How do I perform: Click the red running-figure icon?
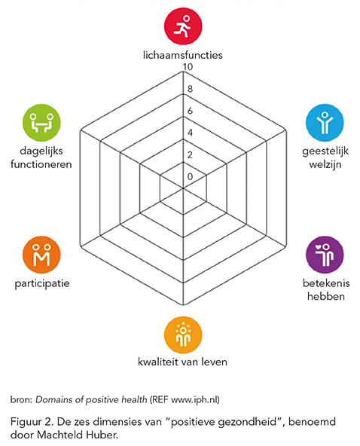pyautogui.click(x=183, y=26)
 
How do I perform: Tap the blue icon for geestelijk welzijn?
pyautogui.click(x=325, y=123)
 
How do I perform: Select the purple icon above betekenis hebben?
pyautogui.click(x=325, y=255)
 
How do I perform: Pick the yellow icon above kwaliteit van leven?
pyautogui.click(x=183, y=334)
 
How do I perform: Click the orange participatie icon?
pyautogui.click(x=41, y=255)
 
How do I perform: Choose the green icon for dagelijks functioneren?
pyautogui.click(x=41, y=123)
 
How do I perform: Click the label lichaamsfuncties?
pyautogui.click(x=182, y=54)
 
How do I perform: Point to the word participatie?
pyautogui.click(x=42, y=283)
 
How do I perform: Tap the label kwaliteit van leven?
pyautogui.click(x=182, y=362)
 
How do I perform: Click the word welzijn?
pyautogui.click(x=325, y=165)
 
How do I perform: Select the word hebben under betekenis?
pyautogui.click(x=326, y=296)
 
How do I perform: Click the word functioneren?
pyautogui.click(x=41, y=164)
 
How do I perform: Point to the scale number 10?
pyautogui.click(x=188, y=67)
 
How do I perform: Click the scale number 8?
pyautogui.click(x=190, y=89)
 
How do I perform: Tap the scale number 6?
pyautogui.click(x=190, y=111)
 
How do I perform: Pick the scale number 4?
pyautogui.click(x=190, y=133)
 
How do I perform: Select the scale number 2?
pyautogui.click(x=190, y=154)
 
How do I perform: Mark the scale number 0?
pyautogui.click(x=190, y=176)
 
